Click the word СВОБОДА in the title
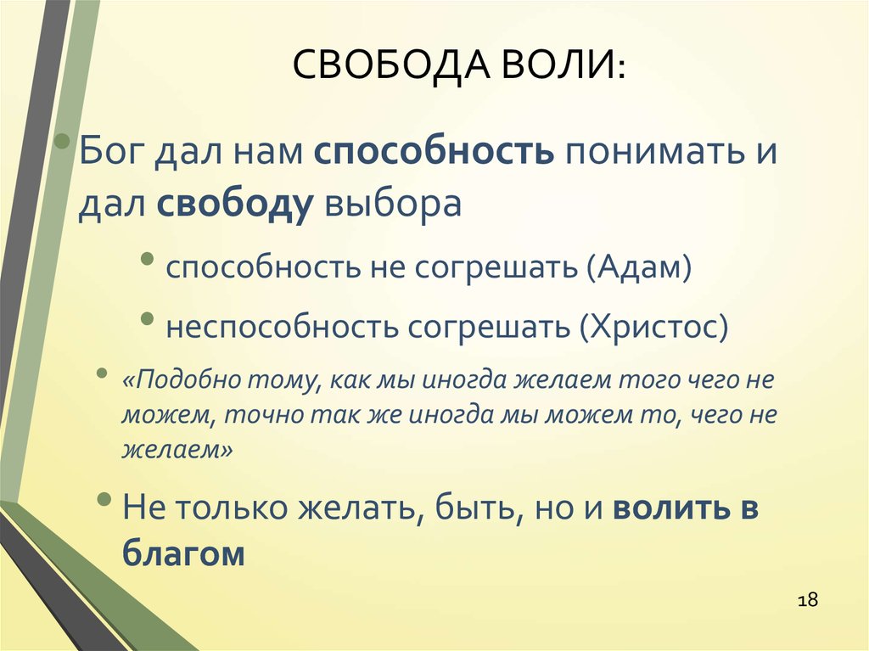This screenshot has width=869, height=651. (390, 65)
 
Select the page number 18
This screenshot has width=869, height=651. (808, 599)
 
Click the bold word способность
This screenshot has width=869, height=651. (434, 151)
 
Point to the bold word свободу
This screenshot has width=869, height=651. (235, 204)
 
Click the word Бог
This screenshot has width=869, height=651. (111, 151)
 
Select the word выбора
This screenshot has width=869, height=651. (393, 204)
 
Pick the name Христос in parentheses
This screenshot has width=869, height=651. (654, 327)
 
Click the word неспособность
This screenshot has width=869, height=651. (283, 327)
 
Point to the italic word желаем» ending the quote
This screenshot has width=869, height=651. (177, 449)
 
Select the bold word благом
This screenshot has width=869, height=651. (183, 553)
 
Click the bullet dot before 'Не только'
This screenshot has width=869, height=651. (104, 499)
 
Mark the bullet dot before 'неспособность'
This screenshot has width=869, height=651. (148, 318)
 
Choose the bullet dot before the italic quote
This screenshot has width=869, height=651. (102, 373)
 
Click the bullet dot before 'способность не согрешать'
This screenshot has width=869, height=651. (148, 258)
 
